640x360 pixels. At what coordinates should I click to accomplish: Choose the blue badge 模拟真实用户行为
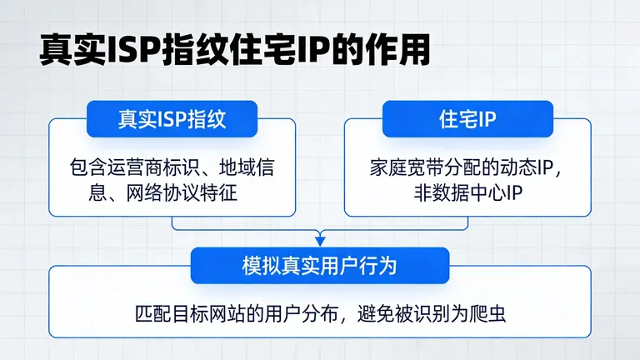320,266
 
